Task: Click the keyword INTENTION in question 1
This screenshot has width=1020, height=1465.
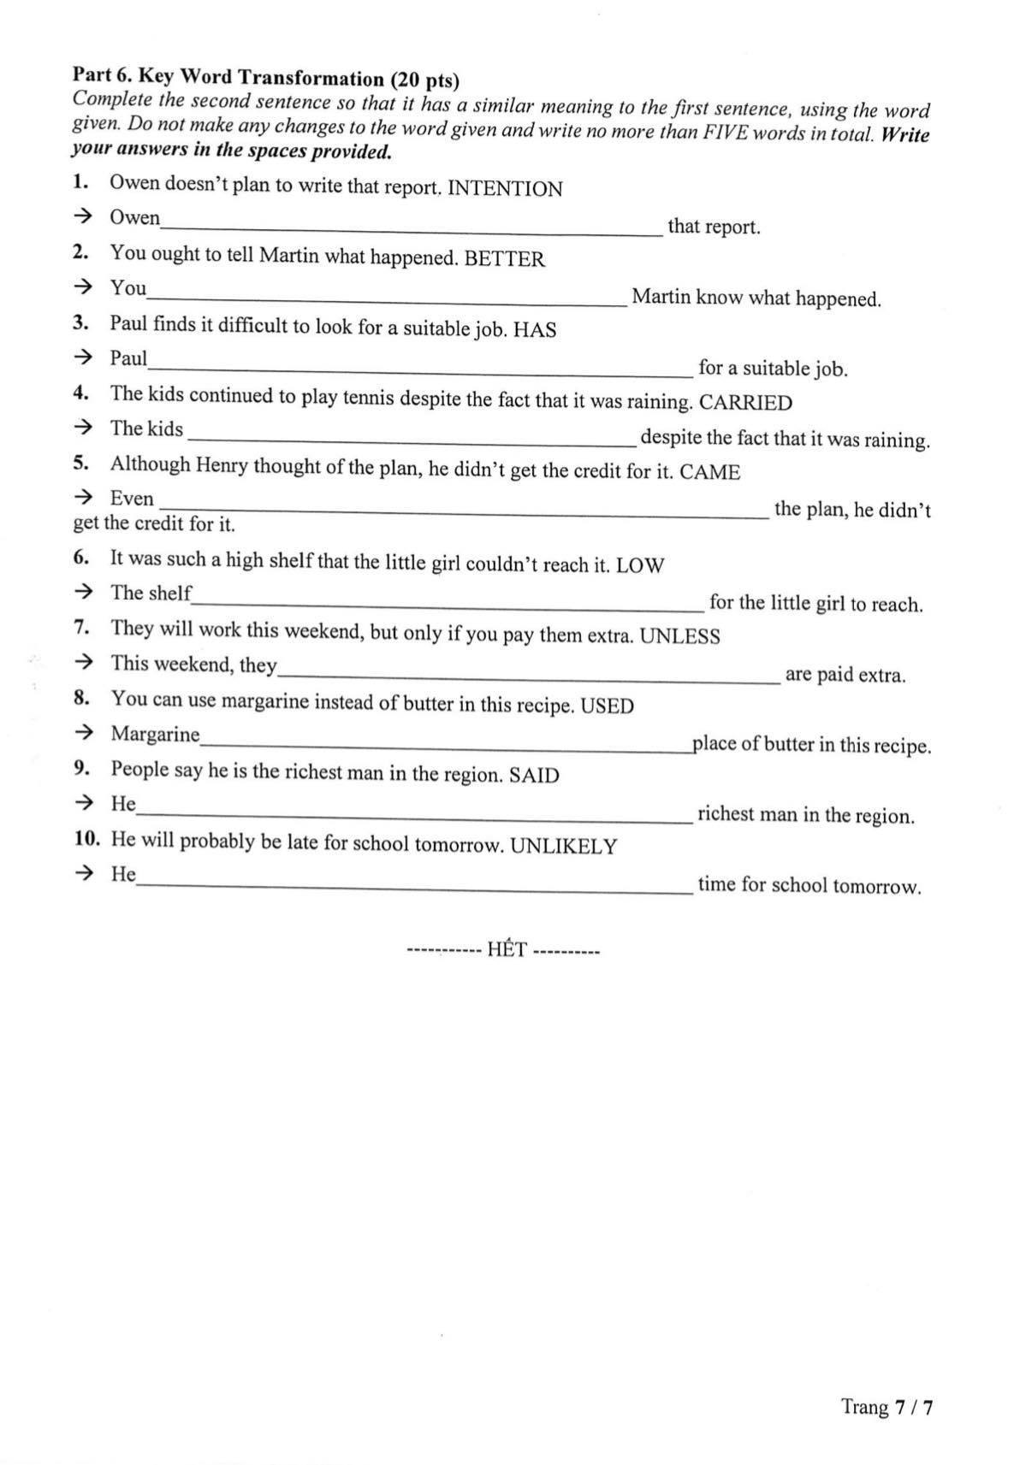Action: coord(505,189)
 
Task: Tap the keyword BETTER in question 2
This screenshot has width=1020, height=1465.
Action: coord(504,259)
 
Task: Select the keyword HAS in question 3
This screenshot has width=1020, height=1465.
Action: coord(535,330)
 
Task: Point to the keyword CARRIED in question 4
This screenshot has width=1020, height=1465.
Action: coord(745,403)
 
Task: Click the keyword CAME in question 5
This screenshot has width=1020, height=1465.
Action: coord(709,473)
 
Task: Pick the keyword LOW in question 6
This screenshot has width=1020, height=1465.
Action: coord(639,565)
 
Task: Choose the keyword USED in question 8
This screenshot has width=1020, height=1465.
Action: coord(607,706)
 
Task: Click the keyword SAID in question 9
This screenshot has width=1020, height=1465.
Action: coord(534,776)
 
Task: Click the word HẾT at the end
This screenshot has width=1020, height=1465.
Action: coord(506,950)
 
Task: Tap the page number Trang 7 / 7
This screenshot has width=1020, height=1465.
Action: coord(887,1407)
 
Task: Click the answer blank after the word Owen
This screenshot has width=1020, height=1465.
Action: coord(411,230)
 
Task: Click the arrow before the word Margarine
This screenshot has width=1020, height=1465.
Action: coord(83,733)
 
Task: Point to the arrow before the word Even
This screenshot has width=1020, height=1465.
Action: coord(83,497)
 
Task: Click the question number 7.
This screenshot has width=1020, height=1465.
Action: coord(82,627)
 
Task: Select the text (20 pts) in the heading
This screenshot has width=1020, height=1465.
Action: coord(424,80)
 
